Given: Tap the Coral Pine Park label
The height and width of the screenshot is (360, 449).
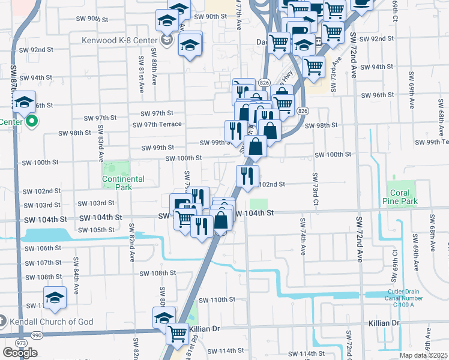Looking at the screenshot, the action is click(x=400, y=197).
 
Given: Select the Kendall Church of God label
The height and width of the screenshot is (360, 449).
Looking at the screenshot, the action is click(x=51, y=322).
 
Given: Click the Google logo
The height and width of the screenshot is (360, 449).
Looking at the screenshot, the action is click(x=20, y=353).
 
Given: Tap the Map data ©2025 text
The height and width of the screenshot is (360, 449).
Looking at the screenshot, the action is click(x=423, y=355).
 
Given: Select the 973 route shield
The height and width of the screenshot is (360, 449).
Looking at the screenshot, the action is click(x=22, y=342).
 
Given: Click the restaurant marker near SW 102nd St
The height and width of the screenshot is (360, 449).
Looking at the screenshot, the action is click(x=247, y=175).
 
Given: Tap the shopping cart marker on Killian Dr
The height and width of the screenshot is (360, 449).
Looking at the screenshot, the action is click(x=176, y=333).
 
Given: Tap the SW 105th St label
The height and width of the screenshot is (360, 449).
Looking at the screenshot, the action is click(x=96, y=230).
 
